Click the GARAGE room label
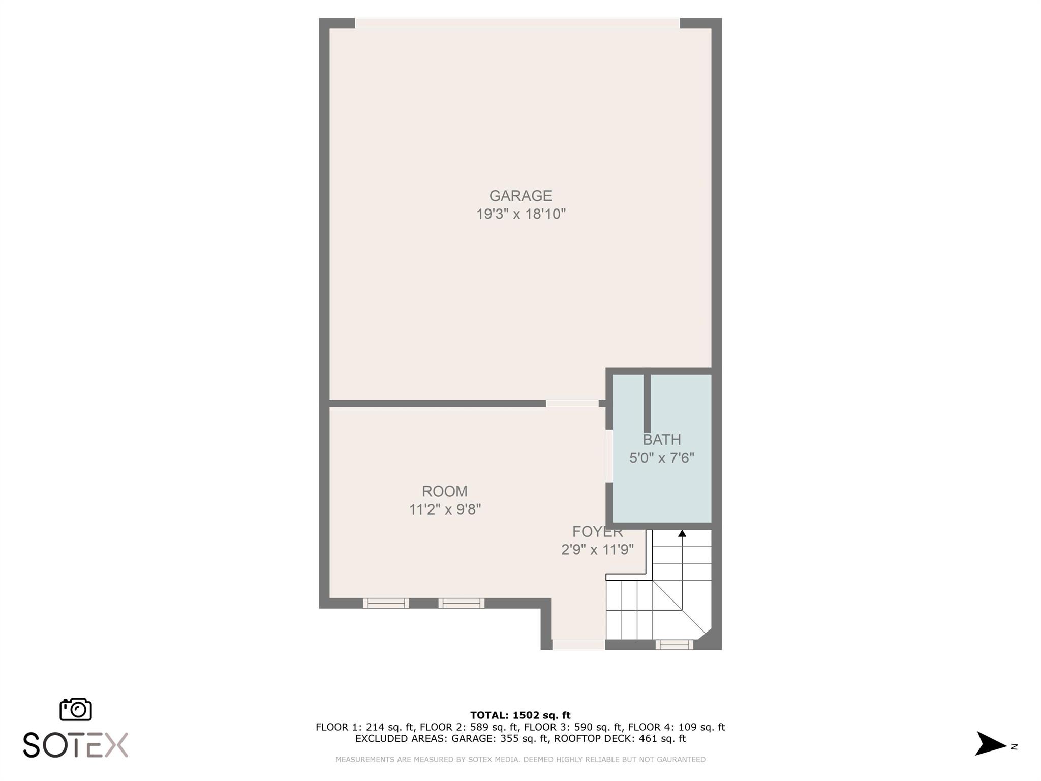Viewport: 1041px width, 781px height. [x=520, y=196]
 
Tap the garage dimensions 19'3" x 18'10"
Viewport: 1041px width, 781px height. [x=520, y=214]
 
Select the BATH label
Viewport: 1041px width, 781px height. [x=661, y=440]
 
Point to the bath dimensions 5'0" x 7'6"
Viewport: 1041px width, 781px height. [x=661, y=458]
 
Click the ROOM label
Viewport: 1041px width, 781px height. [x=445, y=491]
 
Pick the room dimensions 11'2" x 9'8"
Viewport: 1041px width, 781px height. [x=445, y=509]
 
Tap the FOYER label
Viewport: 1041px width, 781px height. [x=597, y=532]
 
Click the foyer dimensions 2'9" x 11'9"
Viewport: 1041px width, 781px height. [x=597, y=550]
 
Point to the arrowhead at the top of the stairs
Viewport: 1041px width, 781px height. [x=682, y=533]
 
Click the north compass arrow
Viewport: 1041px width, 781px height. [x=990, y=744]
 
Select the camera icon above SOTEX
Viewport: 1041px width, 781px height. [x=76, y=709]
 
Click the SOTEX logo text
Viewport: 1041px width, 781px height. [x=76, y=745]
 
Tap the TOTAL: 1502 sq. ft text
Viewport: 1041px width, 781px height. [x=520, y=715]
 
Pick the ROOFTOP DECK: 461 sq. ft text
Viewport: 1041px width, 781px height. [x=620, y=739]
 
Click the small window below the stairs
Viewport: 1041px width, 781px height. [x=674, y=645]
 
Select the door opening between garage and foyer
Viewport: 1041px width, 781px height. [x=572, y=403]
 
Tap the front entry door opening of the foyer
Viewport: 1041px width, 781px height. [x=578, y=645]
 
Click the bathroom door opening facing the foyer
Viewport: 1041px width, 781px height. [x=609, y=456]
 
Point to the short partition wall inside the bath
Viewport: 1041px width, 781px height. [x=647, y=403]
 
